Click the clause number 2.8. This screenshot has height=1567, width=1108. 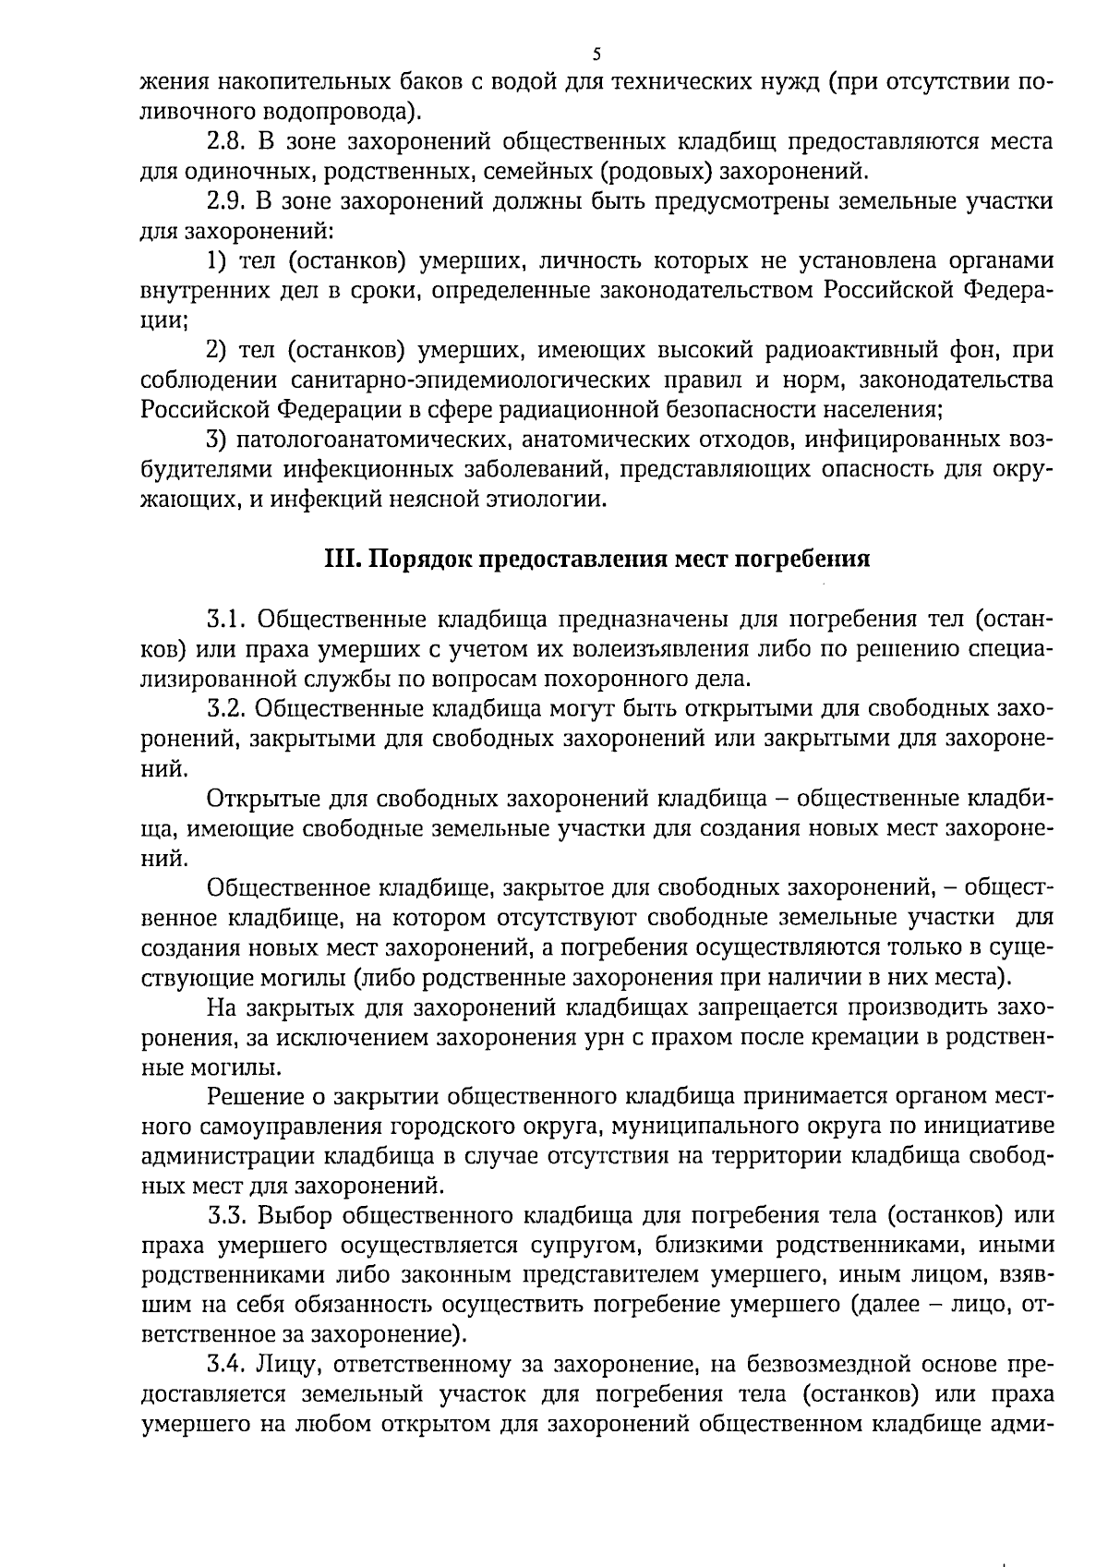coord(225,142)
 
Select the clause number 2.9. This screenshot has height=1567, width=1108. coord(225,202)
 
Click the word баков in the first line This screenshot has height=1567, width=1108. coord(420,82)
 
